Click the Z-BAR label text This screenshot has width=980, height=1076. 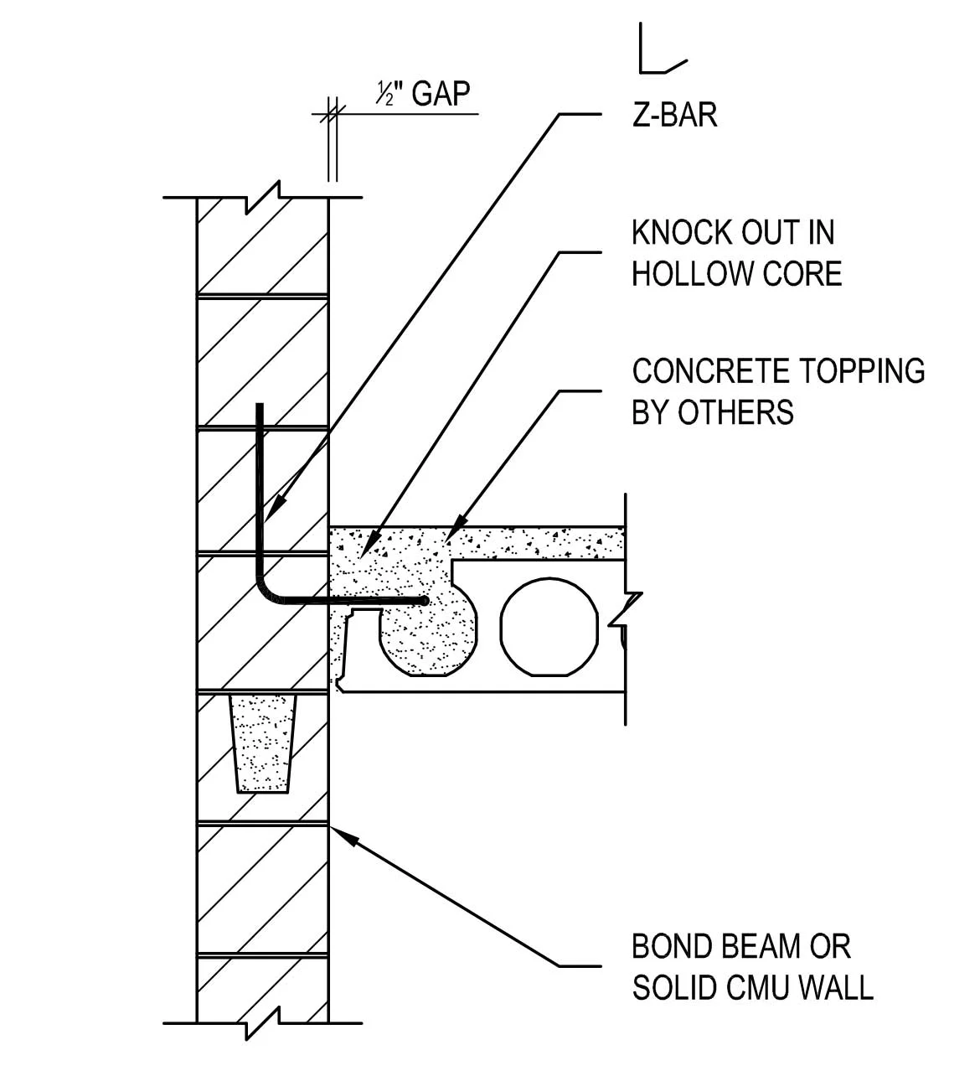pos(674,115)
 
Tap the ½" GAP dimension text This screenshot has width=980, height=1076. pos(423,94)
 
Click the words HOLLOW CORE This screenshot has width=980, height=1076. pos(737,274)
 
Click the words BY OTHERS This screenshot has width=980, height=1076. pos(713,412)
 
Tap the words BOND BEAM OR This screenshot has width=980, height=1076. pos(741,946)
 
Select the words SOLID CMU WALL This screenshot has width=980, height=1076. pos(752,988)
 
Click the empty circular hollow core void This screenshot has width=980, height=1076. pos(549,625)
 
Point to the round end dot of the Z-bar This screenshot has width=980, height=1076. pos(425,601)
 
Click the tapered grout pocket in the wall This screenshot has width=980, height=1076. pos(263,742)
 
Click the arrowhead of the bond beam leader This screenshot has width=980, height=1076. pos(338,831)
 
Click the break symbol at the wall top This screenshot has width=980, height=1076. pos(261,198)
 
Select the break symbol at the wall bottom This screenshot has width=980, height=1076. pos(261,1023)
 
